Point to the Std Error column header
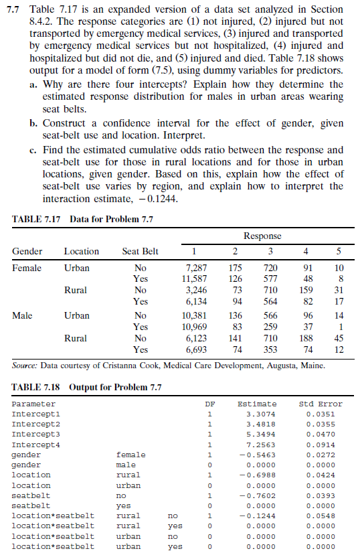(x=321, y=404)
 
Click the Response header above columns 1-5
(x=262, y=236)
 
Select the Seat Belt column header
(x=141, y=252)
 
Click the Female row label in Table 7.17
(x=27, y=268)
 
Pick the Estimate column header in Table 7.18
(x=257, y=404)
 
